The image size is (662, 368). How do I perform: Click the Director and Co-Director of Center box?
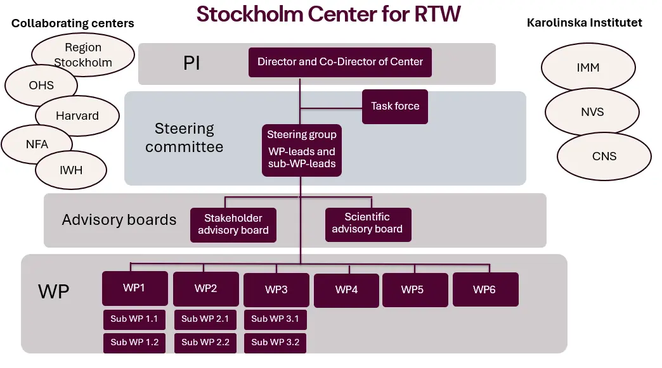pos(340,62)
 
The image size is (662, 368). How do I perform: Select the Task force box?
pos(395,106)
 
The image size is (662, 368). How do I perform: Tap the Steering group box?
pos(301,150)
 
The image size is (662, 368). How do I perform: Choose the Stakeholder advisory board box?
pos(233,224)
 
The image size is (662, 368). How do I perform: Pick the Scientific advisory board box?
pos(367,224)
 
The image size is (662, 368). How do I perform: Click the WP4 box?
pos(346,289)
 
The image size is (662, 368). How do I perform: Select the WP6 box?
pos(484,289)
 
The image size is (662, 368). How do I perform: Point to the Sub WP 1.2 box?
pos(134,342)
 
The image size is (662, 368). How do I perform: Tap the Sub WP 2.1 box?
pos(205,319)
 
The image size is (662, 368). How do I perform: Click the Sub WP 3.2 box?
pos(275,342)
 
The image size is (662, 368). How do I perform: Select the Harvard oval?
pos(77,116)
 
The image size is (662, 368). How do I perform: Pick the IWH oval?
pos(72,170)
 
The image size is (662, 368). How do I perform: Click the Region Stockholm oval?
pos(83,55)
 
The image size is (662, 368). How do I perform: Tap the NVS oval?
pos(592,112)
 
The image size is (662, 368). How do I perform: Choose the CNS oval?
pos(604,156)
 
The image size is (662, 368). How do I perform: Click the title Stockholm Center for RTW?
pos(328,13)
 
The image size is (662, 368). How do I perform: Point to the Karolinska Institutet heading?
pos(584,23)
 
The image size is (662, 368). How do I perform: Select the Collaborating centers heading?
pos(73,23)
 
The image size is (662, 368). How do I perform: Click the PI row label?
pos(191,63)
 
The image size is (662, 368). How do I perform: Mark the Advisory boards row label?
pos(119,220)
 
